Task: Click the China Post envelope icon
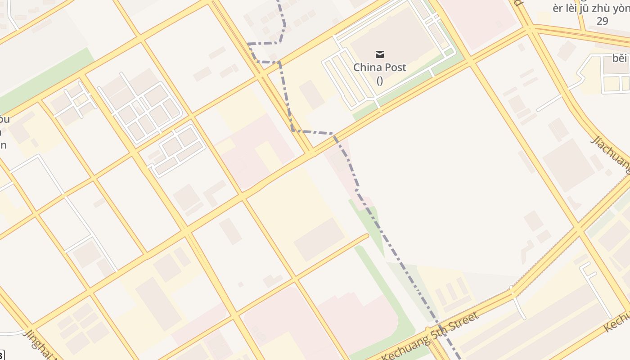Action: pos(380,55)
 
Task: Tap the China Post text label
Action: pos(380,67)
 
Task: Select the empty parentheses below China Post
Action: pos(380,81)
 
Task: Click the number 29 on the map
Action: pos(602,21)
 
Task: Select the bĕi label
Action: pos(620,58)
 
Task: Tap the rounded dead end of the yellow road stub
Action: pos(366,235)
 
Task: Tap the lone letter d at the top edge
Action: pos(518,3)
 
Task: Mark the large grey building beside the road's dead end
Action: pos(320,239)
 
